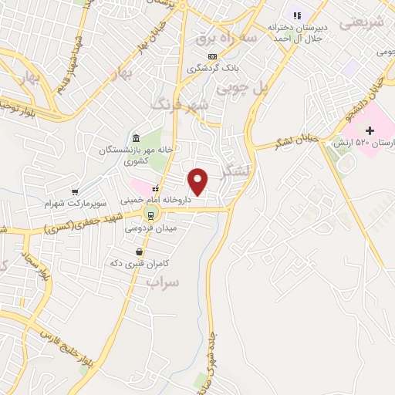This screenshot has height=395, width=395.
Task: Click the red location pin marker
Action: tap(199, 181)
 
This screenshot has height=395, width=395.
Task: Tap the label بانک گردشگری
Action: tap(211, 68)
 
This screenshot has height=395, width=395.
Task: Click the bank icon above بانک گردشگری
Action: tap(213, 56)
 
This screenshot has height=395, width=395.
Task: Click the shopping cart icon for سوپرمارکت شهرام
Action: tap(75, 192)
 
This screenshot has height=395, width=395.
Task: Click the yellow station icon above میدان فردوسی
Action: tap(150, 215)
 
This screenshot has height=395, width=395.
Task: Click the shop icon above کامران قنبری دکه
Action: tap(139, 252)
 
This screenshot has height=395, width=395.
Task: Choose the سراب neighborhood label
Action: tap(162, 282)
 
